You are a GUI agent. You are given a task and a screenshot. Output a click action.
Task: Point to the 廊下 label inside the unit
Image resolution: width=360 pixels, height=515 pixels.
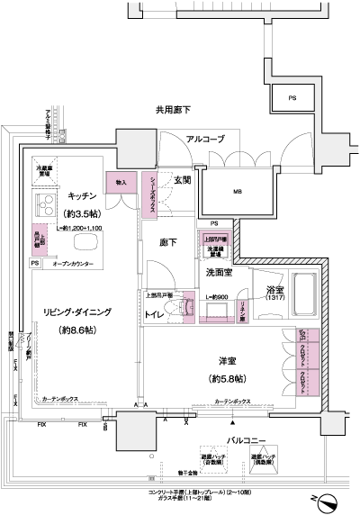click(169, 242)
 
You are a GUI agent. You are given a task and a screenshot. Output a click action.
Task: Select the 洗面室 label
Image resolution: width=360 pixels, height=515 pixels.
click(220, 271)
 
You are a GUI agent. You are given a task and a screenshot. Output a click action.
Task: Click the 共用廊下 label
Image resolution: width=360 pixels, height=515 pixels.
click(173, 110)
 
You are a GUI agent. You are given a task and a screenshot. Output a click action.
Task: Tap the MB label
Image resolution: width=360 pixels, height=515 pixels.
click(238, 191)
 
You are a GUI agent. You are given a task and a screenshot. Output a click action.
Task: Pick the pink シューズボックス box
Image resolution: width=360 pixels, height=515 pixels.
click(153, 193)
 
